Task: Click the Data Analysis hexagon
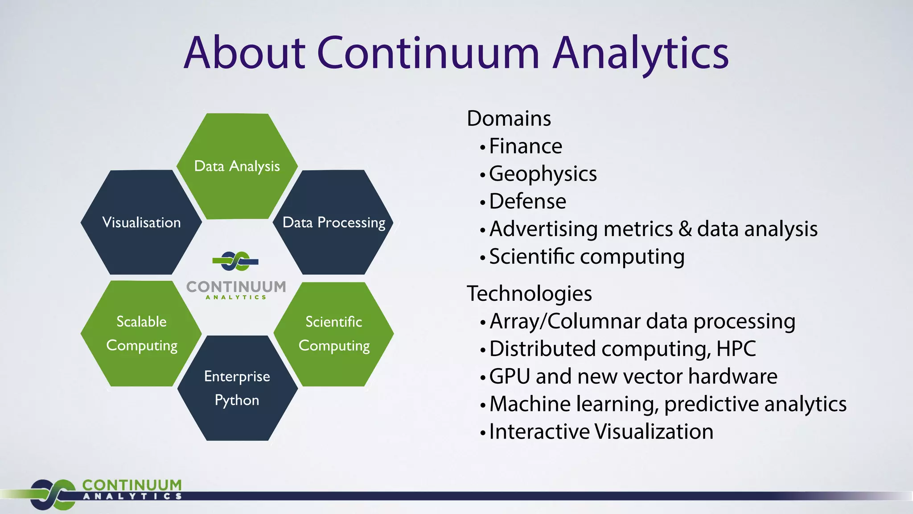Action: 237,166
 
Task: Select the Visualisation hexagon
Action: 141,222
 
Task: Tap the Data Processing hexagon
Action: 333,222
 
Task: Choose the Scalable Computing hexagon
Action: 141,333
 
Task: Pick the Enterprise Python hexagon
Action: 237,388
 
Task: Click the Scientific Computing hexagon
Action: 333,333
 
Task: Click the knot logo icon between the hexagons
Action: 235,261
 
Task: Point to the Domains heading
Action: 509,119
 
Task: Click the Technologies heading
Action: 529,294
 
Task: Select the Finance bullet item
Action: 526,146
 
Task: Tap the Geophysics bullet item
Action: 543,174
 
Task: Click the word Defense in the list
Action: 527,201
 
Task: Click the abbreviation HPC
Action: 736,349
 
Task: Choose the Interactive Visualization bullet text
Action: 601,432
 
